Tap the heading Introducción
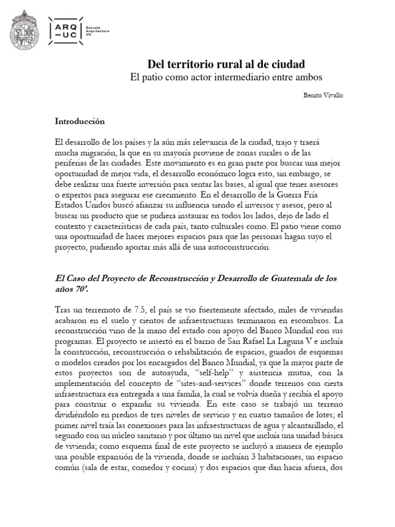click(x=80, y=121)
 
